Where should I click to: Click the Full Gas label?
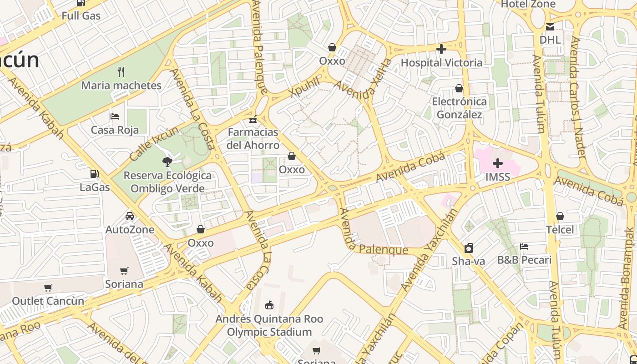coord(81,16)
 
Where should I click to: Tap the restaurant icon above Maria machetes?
coord(121,71)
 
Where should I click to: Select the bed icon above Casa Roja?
coord(115,116)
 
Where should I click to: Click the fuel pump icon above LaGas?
coord(95,173)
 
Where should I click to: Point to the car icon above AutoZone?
coord(130,216)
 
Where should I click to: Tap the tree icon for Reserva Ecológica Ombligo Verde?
coord(167,161)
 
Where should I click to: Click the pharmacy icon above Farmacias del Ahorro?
coord(253,120)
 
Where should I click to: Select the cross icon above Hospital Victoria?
coord(441,49)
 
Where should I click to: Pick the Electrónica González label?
coord(459,108)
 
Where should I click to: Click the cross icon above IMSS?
coord(498,163)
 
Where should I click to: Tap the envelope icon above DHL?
coord(550,26)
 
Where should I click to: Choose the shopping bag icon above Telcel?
coord(560,216)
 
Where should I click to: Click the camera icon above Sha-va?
coord(468,248)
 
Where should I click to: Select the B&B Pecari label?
coord(524,260)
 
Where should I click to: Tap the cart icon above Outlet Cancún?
coord(48,288)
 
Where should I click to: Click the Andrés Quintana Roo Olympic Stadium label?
coord(269,325)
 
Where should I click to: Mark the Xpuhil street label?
coord(304,87)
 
